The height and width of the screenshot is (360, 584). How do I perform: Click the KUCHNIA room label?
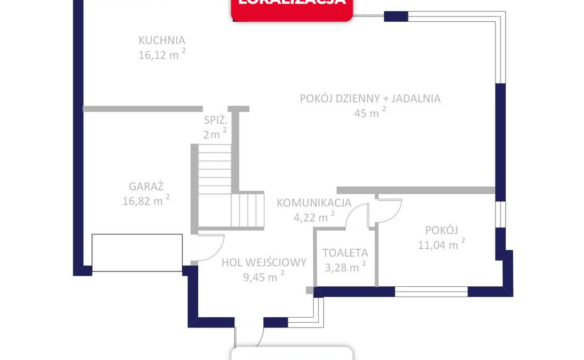click(x=162, y=41)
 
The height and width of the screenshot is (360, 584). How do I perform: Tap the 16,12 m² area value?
click(x=162, y=55)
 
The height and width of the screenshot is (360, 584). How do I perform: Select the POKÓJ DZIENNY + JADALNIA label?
click(x=370, y=98)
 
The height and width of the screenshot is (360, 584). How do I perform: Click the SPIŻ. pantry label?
click(x=216, y=121)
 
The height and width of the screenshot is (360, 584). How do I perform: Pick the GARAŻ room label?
click(x=146, y=186)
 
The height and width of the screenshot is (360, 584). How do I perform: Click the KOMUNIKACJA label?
click(x=314, y=203)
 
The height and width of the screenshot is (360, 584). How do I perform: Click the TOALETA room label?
click(x=345, y=253)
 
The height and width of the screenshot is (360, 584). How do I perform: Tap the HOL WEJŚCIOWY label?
click(x=264, y=263)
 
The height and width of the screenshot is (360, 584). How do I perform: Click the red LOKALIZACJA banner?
click(x=291, y=9)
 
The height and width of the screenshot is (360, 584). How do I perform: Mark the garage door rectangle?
click(x=137, y=253)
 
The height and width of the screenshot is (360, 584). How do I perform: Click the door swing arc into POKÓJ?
click(x=390, y=210)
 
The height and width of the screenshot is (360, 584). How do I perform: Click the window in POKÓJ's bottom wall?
click(x=431, y=291)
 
